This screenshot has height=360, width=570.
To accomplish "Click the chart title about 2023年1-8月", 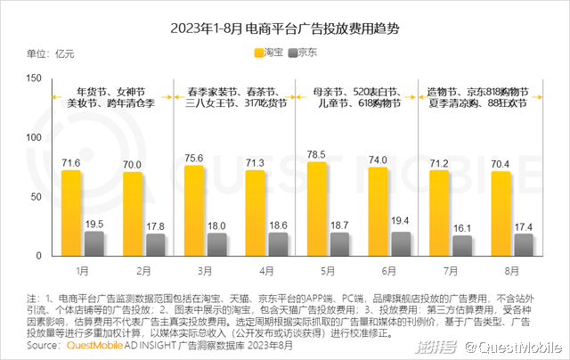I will (x=285, y=29).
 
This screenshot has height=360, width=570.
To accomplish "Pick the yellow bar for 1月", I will (x=71, y=213).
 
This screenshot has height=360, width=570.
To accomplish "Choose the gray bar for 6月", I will (x=402, y=243).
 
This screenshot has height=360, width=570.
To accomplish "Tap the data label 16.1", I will (x=462, y=228).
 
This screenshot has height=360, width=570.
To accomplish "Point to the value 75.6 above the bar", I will (x=193, y=158).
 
